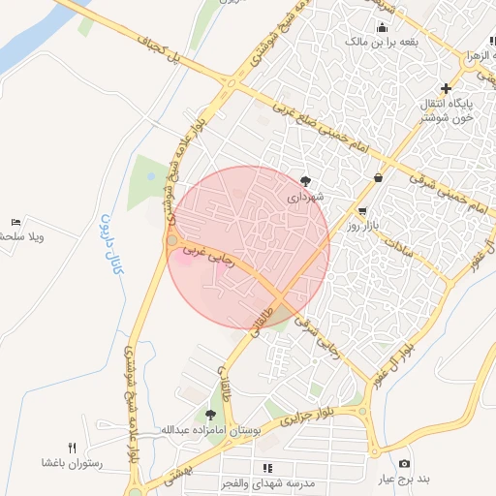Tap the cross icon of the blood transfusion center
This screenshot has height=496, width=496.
[446, 88]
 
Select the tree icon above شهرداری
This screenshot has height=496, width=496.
[306, 180]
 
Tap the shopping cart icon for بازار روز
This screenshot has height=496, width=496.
[362, 211]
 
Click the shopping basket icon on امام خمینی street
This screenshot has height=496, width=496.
[377, 176]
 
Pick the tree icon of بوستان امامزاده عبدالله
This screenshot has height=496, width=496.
[210, 414]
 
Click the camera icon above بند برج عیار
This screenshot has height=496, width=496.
[404, 464]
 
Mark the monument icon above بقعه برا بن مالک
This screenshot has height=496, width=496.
[382, 28]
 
